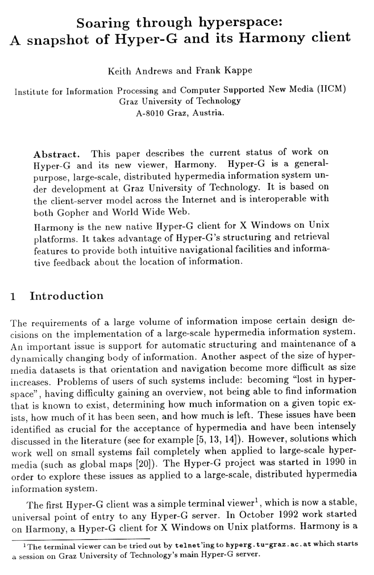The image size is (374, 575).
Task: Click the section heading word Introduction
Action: pos(67,296)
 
